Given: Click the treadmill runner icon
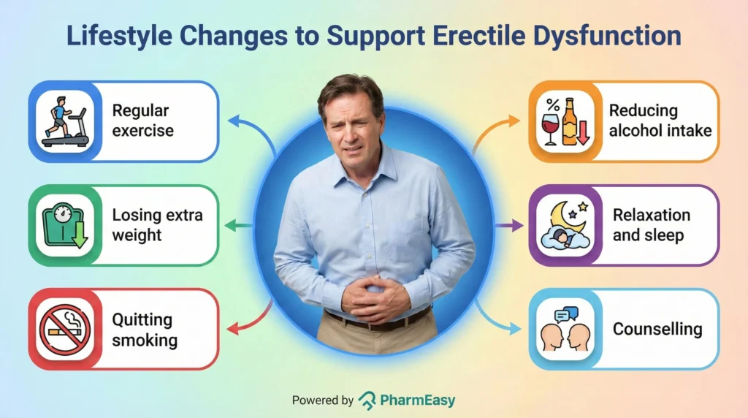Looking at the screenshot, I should (x=65, y=121).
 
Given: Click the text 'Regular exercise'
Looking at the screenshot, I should (x=142, y=121).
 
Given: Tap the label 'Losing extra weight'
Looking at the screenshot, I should (x=157, y=225).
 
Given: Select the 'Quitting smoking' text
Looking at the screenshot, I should (x=145, y=330).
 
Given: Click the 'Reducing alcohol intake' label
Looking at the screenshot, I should (x=660, y=121).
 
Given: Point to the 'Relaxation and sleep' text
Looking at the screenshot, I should (x=651, y=225).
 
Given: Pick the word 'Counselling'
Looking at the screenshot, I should (x=657, y=329).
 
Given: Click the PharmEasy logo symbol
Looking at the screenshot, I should (x=367, y=400).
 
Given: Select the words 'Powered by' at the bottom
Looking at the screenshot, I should (x=323, y=400).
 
